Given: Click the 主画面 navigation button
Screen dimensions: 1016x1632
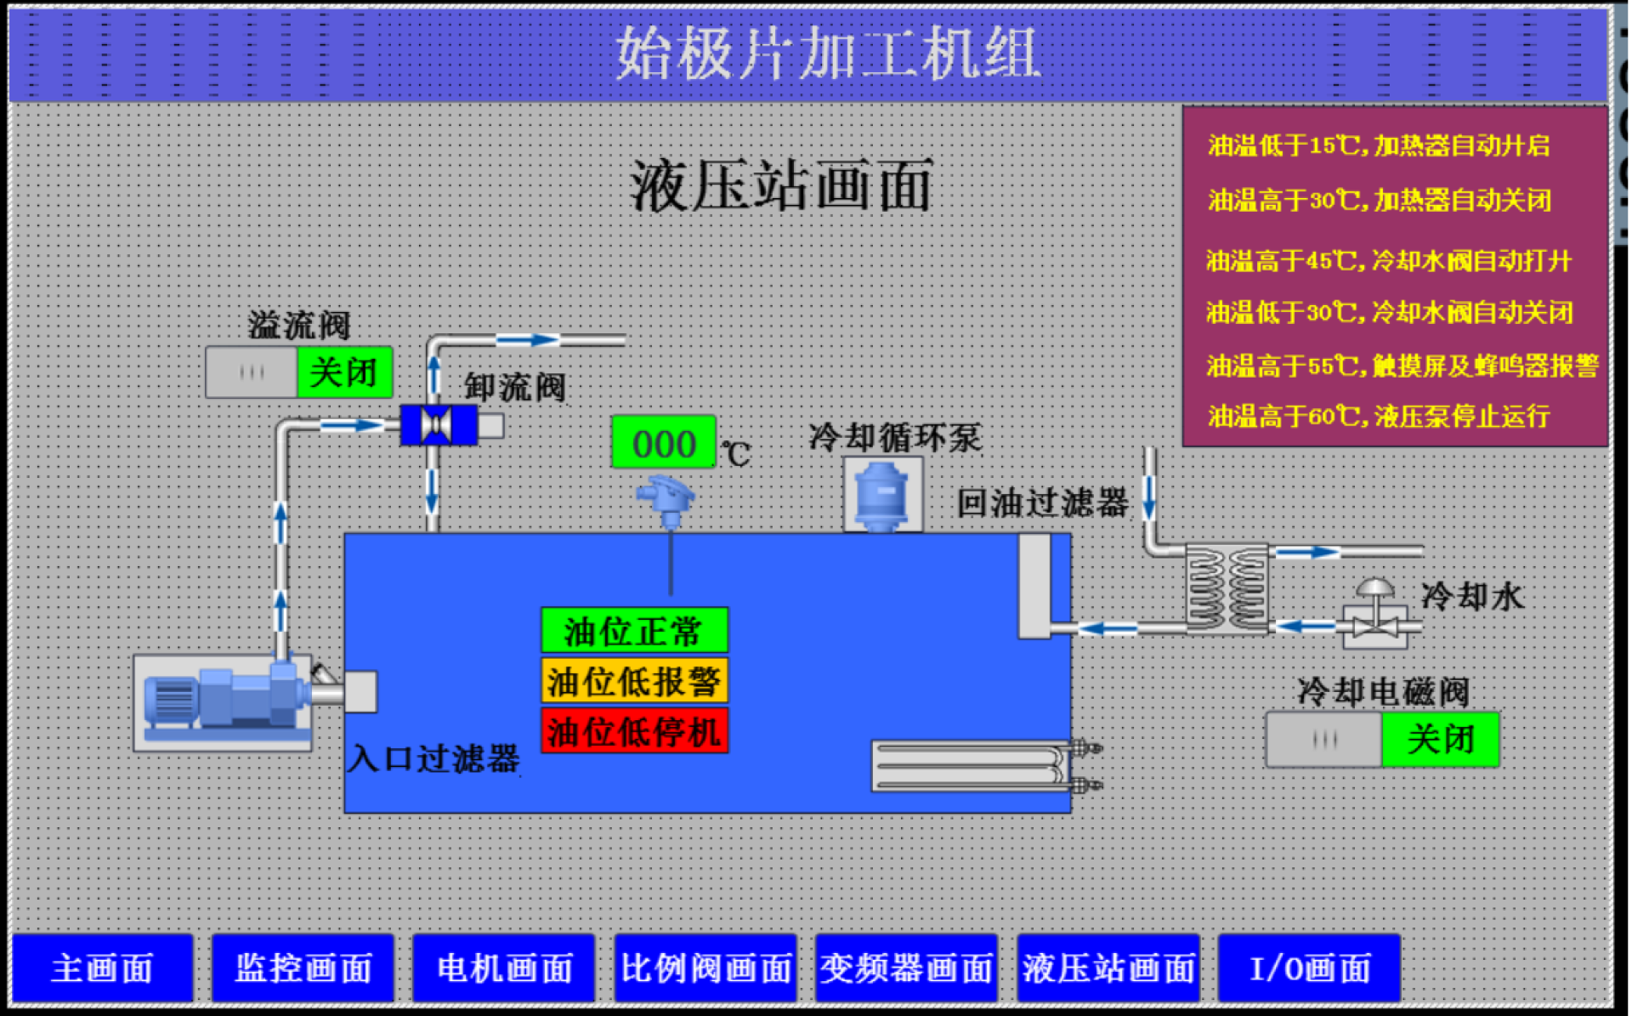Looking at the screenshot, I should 102,968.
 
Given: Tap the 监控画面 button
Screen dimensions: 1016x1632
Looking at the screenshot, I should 303,968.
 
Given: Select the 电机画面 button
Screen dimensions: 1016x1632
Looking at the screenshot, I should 504,968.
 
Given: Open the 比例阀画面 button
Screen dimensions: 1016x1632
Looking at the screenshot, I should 705,968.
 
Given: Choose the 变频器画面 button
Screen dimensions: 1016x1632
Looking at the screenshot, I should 906,968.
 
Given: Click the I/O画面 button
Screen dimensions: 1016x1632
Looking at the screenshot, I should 1309,968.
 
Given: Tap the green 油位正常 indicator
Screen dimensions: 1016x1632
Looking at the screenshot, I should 634,631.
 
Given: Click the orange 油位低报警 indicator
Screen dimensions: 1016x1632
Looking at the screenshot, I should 634,681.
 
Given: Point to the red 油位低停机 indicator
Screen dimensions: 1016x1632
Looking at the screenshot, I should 634,731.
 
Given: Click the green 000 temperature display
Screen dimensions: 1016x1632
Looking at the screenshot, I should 664,443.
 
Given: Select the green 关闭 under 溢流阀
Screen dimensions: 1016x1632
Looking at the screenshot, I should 344,372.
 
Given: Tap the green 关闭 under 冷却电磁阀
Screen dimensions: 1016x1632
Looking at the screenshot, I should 1440,739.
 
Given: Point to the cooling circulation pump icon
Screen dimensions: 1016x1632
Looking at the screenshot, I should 882,496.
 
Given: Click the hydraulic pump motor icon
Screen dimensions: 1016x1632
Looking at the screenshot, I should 223,700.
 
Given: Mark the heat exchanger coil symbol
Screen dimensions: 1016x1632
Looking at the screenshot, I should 1227,589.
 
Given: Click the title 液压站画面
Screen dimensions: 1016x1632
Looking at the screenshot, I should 780,185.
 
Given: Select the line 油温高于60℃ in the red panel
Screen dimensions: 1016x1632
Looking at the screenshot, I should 1378,416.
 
